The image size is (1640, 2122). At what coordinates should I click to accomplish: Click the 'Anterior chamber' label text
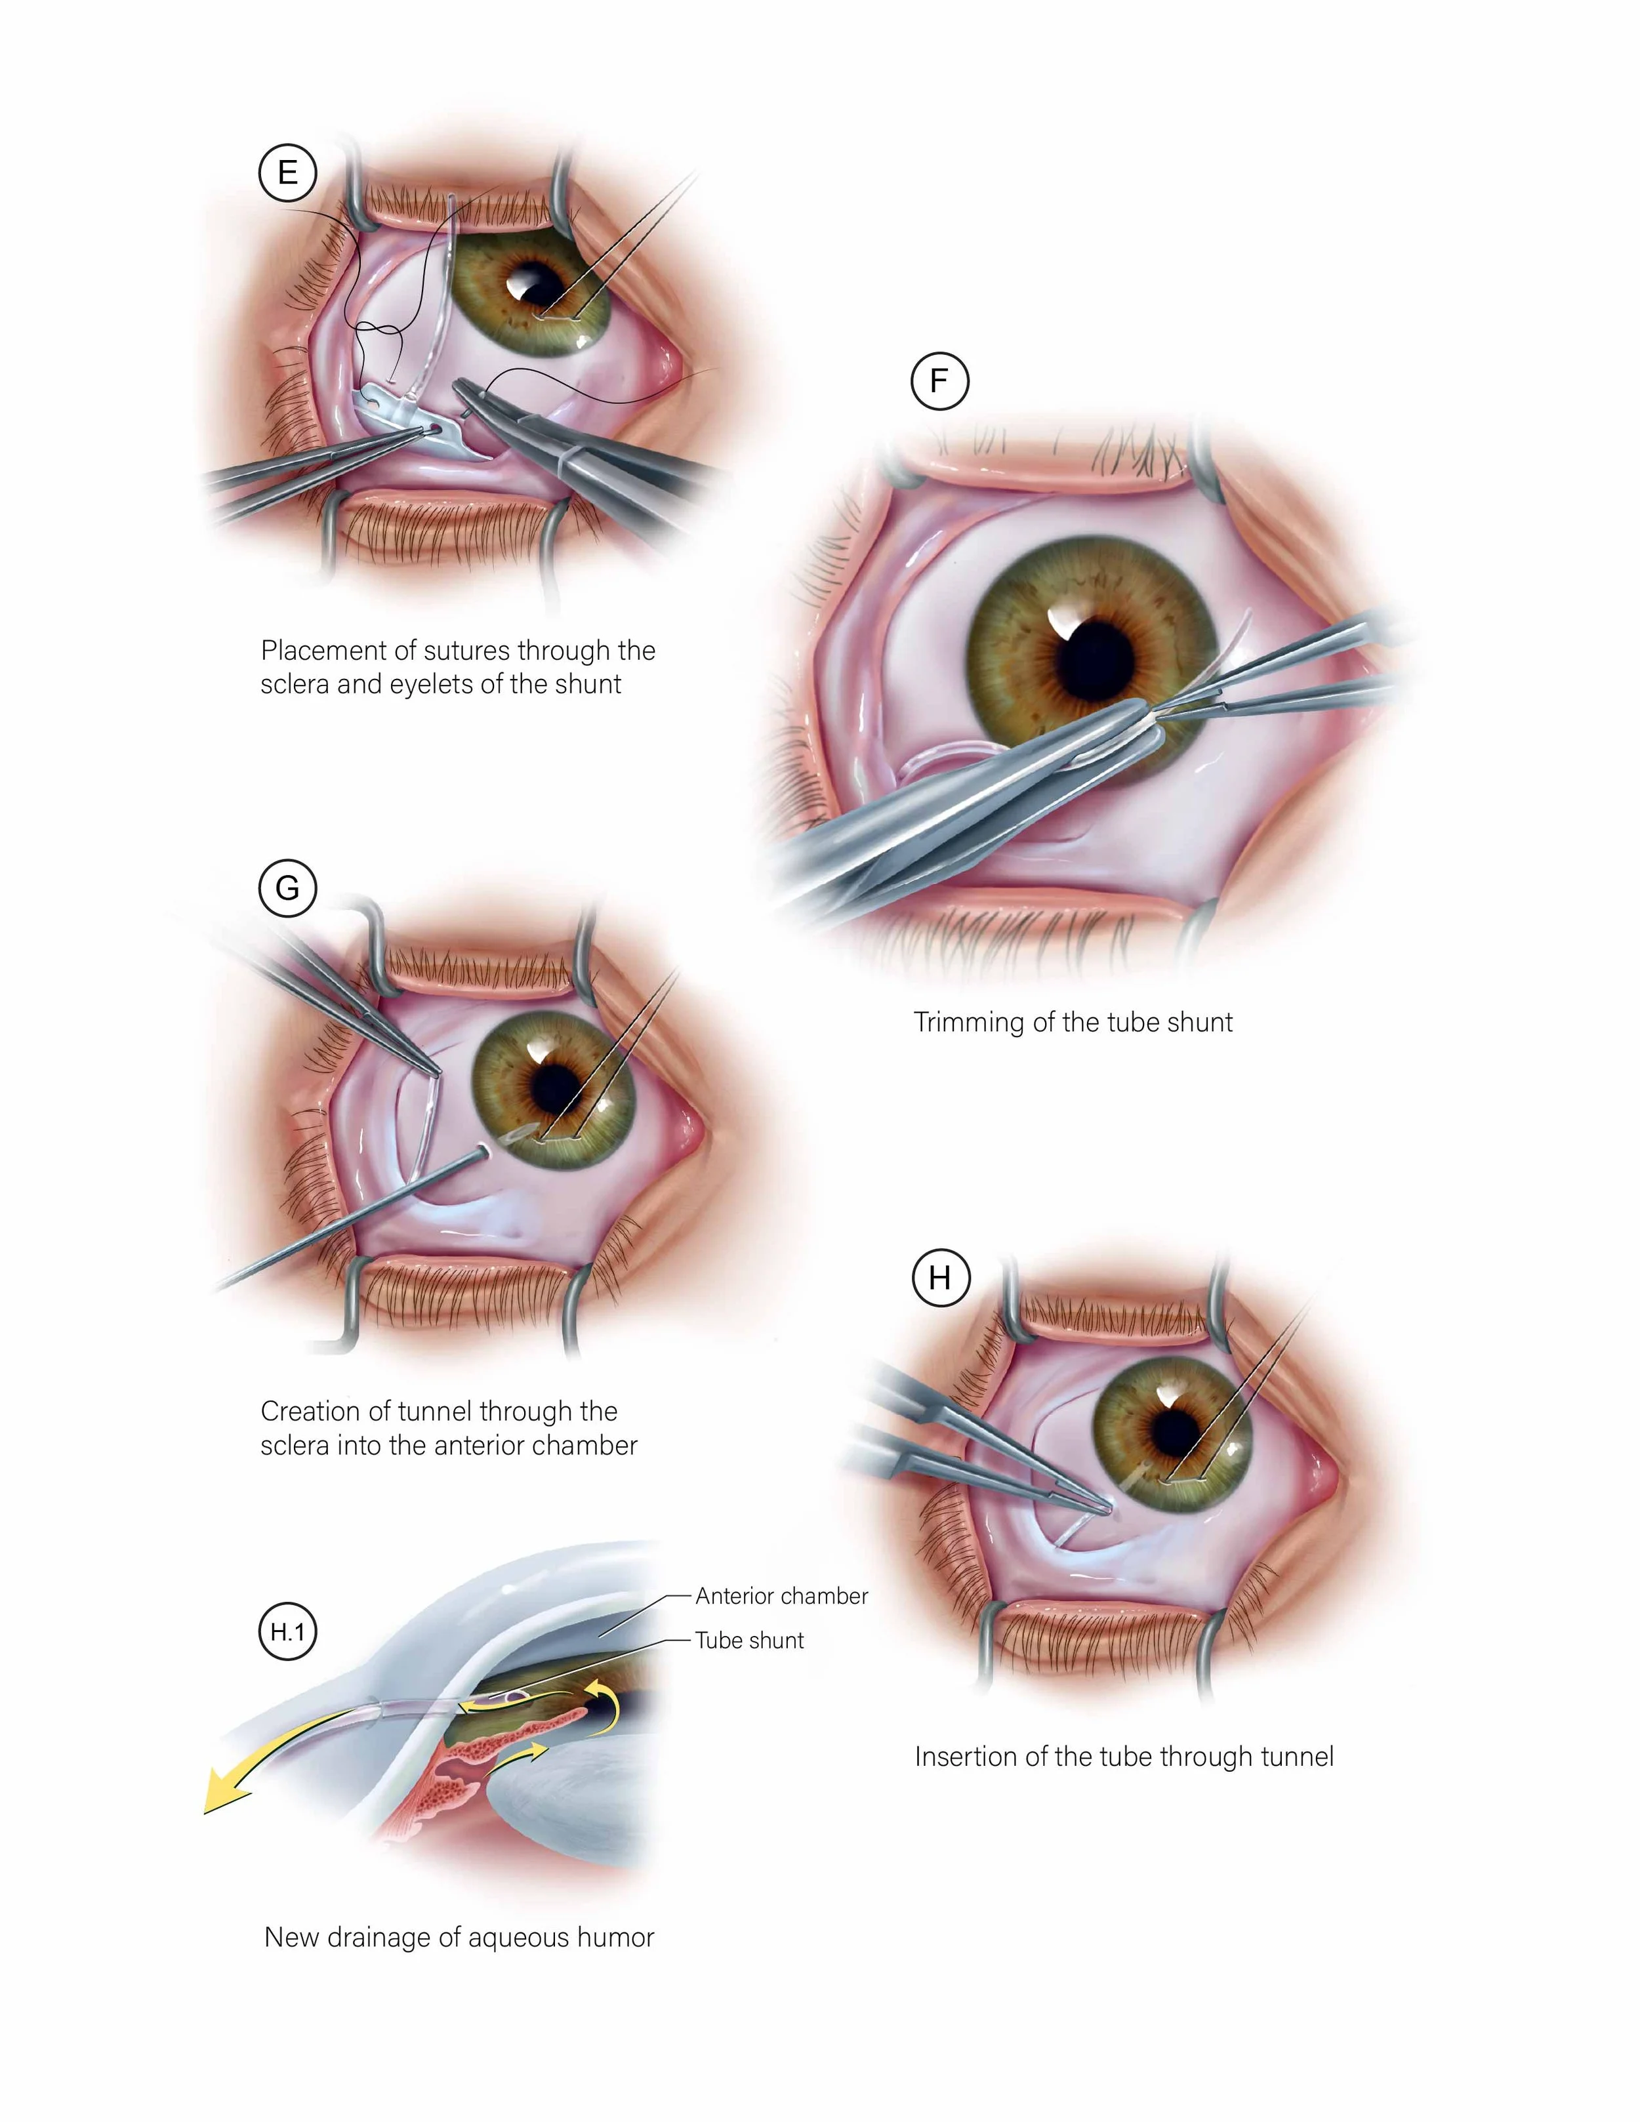[781, 1597]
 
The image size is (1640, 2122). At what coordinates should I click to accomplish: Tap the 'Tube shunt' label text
[749, 1641]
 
